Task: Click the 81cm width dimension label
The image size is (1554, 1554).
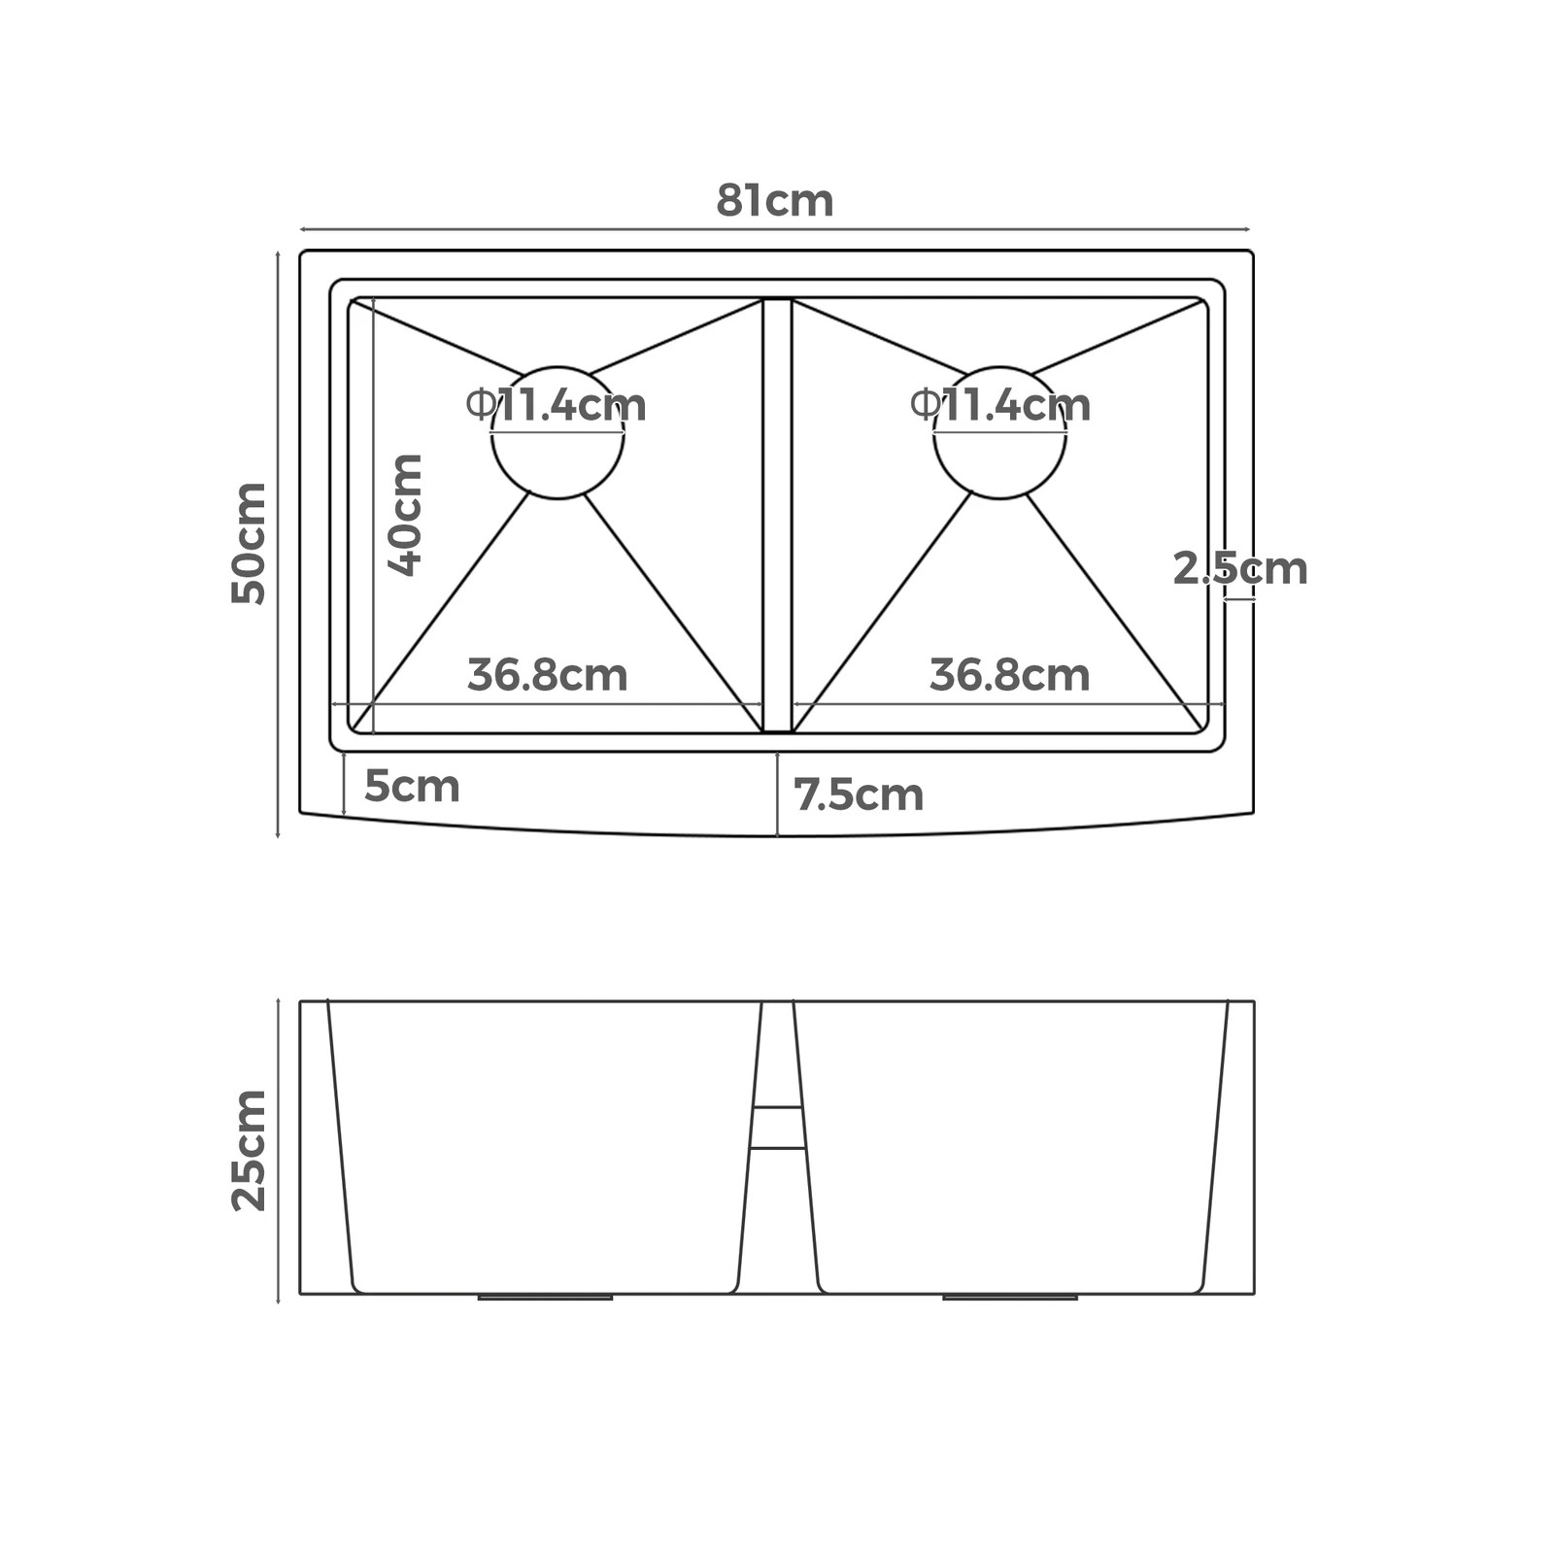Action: pos(774,201)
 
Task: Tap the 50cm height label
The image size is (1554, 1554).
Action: pos(249,543)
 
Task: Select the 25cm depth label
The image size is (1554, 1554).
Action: pos(249,1150)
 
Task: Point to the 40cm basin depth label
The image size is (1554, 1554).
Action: pos(405,515)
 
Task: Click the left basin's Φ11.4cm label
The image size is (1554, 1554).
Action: pos(557,405)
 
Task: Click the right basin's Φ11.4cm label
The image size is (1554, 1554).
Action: pos(1000,405)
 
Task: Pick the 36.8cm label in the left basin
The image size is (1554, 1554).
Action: pos(547,675)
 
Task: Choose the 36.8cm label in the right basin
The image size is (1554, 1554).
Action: pos(1009,675)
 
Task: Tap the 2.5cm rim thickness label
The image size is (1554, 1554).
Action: pos(1239,568)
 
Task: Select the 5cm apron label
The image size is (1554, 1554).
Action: pos(412,786)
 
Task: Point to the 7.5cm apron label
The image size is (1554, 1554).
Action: pos(859,795)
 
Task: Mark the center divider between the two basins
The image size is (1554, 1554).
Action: pos(777,515)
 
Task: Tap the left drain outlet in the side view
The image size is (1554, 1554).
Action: pos(545,1297)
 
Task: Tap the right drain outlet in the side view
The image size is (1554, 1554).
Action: pos(1010,1297)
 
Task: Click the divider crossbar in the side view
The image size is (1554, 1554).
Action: pos(777,1128)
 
